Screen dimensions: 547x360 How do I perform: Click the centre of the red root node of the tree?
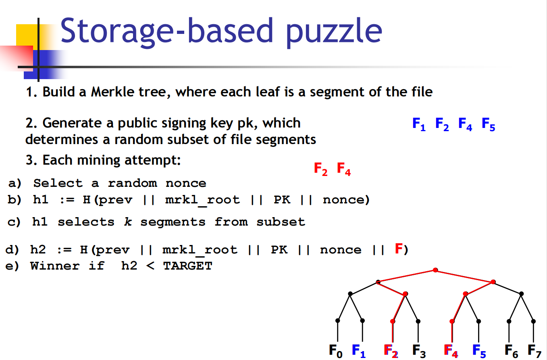(435, 270)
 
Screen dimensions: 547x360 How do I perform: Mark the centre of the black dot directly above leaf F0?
(337, 320)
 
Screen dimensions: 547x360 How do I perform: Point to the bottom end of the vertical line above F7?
(534, 342)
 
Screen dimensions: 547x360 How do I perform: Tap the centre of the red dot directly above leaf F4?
(452, 321)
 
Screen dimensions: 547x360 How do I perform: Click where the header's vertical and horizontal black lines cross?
(38, 67)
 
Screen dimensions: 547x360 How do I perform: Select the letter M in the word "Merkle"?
(97, 92)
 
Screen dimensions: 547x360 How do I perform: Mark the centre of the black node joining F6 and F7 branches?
(521, 294)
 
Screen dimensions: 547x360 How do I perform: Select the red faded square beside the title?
(17, 58)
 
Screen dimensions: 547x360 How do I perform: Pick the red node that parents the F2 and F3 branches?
(406, 294)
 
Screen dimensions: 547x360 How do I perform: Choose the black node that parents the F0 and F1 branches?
(350, 294)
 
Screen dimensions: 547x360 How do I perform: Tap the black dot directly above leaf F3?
(418, 321)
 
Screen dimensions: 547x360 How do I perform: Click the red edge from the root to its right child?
(464, 276)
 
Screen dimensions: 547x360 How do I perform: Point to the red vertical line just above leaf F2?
(393, 332)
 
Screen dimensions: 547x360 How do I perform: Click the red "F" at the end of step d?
(399, 249)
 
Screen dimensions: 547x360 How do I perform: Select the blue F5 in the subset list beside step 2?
(488, 124)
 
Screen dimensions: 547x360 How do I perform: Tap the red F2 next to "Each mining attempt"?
(320, 169)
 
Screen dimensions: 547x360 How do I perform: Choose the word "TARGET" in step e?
(187, 266)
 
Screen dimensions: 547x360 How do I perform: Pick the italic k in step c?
(128, 222)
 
